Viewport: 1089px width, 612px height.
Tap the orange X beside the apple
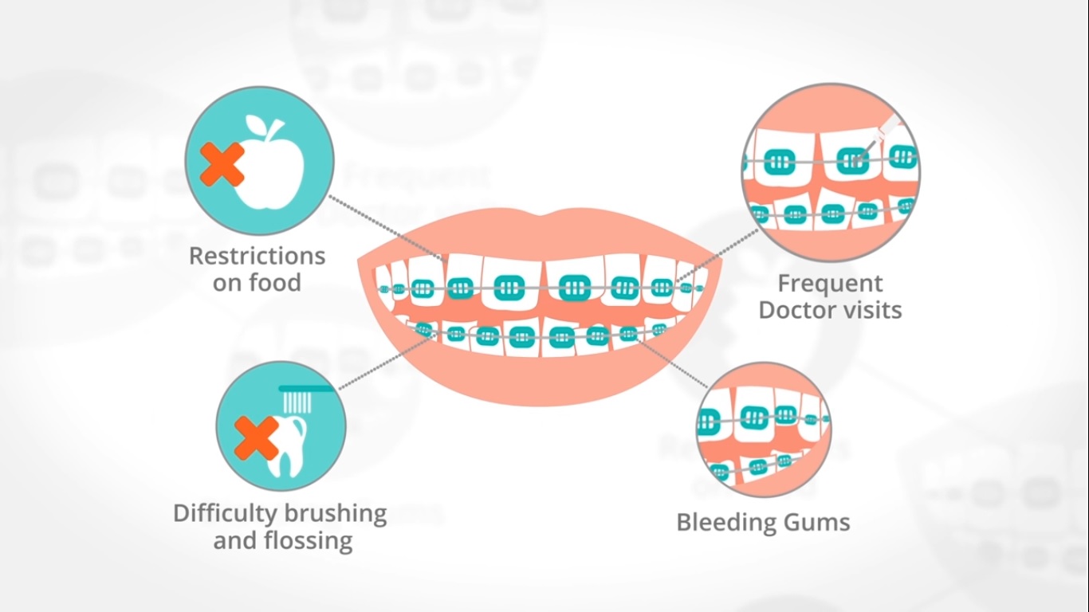click(221, 164)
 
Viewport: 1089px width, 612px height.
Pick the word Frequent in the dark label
click(830, 283)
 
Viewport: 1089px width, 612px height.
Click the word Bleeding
click(726, 522)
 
